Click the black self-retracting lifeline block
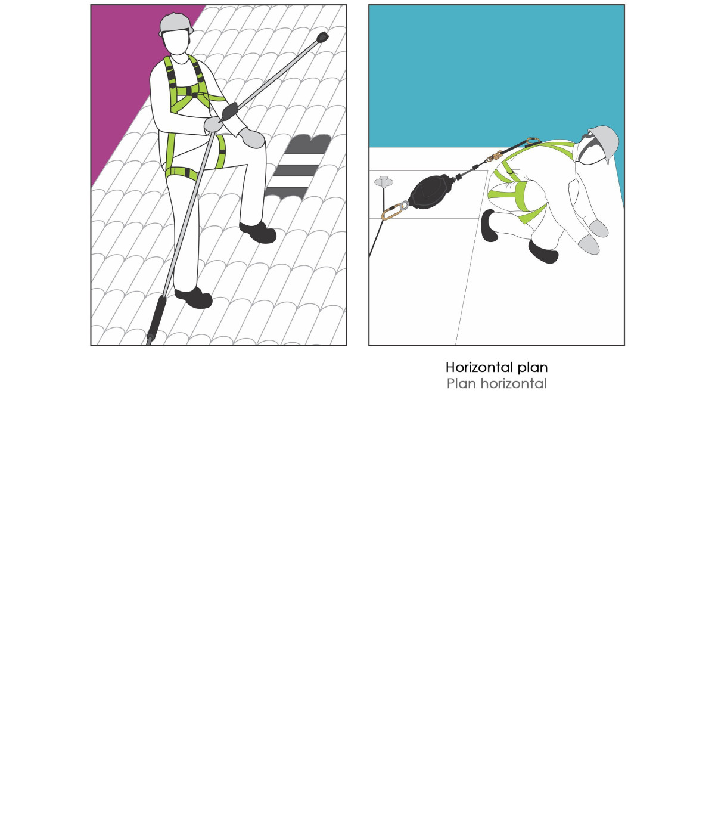(431, 191)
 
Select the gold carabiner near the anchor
(392, 212)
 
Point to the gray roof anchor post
(384, 182)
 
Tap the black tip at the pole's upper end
(322, 38)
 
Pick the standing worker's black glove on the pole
(229, 111)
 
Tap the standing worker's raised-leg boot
(258, 232)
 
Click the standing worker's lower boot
(194, 298)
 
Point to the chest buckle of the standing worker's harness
(194, 95)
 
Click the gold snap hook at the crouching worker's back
(495, 156)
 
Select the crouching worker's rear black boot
(489, 225)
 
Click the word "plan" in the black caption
(533, 368)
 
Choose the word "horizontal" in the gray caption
(513, 383)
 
